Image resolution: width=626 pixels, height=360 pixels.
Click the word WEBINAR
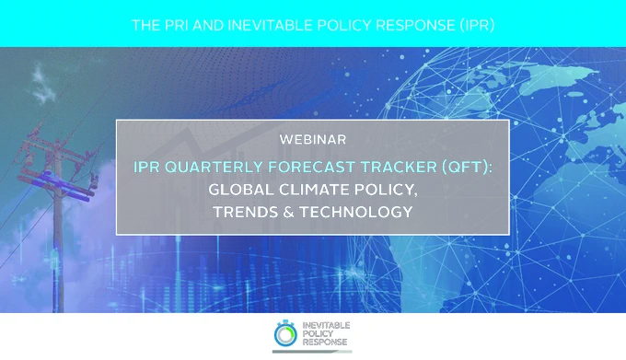pyautogui.click(x=313, y=140)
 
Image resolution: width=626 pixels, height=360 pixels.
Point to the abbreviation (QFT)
pyautogui.click(x=467, y=167)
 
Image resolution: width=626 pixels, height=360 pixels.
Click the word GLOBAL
pyautogui.click(x=241, y=190)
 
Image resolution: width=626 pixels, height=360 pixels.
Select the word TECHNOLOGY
pyautogui.click(x=355, y=212)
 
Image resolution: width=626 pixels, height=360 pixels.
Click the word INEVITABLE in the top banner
pyautogui.click(x=270, y=26)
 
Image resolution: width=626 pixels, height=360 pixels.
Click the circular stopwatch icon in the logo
pyautogui.click(x=285, y=333)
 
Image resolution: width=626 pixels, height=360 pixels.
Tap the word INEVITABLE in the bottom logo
pyautogui.click(x=326, y=325)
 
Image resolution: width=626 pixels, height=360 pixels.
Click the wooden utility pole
pyautogui.click(x=58, y=224)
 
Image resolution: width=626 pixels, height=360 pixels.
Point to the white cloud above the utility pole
pyautogui.click(x=42, y=84)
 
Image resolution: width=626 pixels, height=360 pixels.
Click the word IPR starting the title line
pyautogui.click(x=146, y=167)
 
